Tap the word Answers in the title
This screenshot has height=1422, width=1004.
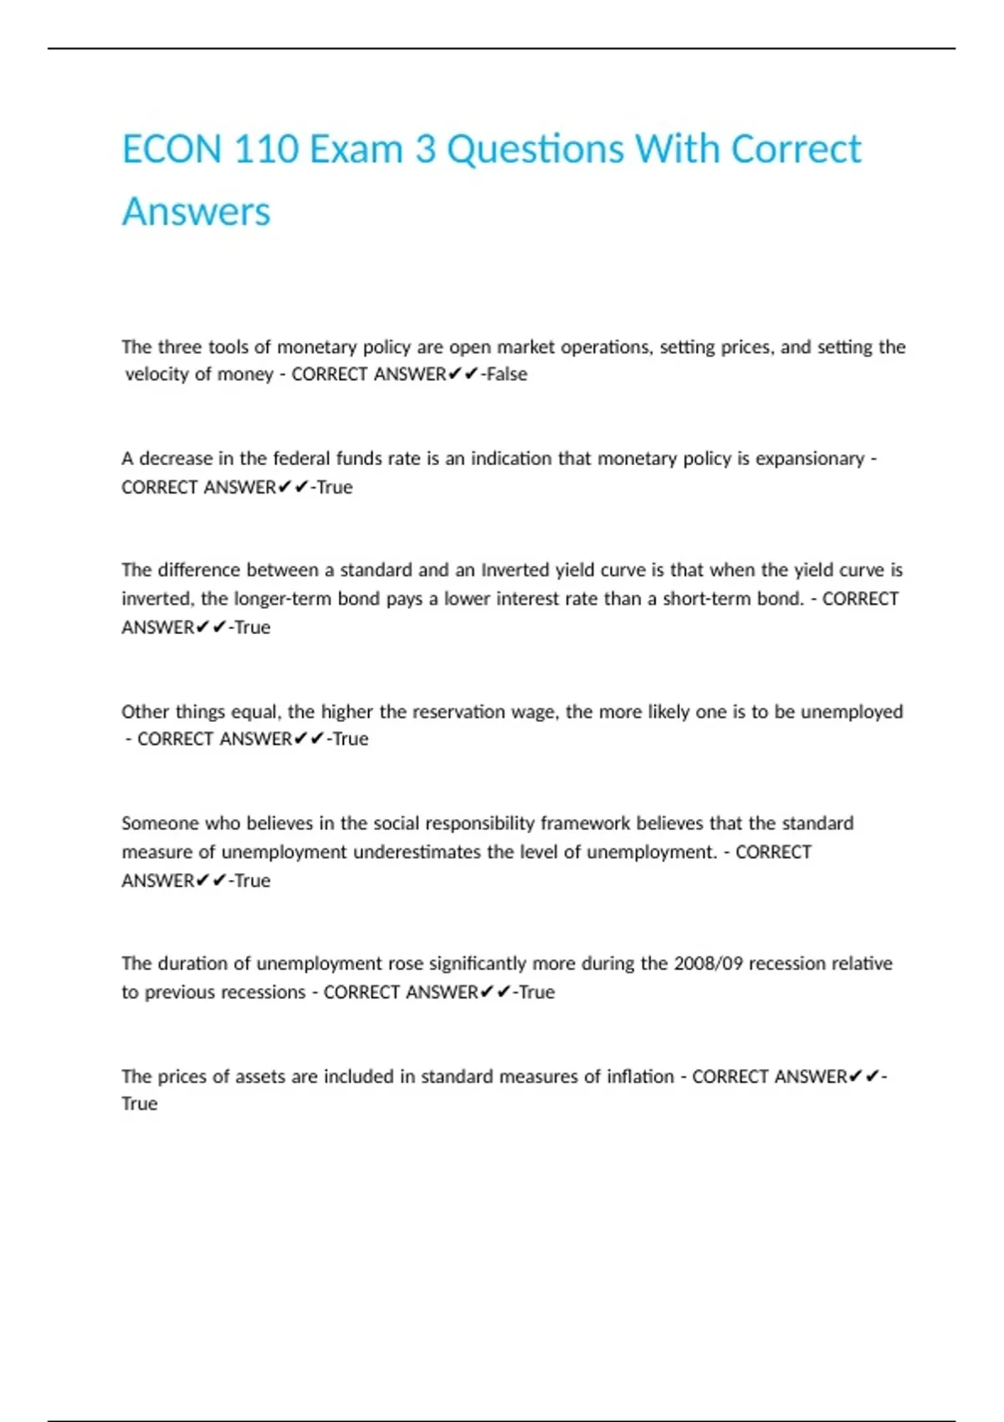[x=197, y=212]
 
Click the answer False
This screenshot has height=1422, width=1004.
[x=507, y=374]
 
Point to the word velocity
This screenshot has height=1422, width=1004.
[x=156, y=374]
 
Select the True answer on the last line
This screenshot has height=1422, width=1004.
[x=140, y=1104]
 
